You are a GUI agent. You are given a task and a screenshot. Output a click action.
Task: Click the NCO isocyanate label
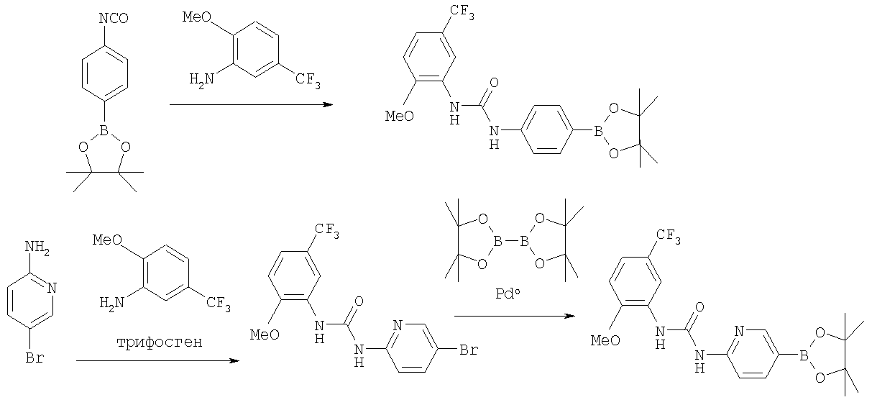tap(114, 18)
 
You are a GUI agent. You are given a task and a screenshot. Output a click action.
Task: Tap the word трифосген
tap(160, 342)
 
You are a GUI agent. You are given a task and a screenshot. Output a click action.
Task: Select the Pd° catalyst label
tap(508, 293)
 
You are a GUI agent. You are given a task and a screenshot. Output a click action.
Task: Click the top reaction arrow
tap(251, 104)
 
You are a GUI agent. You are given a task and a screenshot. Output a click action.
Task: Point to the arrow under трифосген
tap(157, 360)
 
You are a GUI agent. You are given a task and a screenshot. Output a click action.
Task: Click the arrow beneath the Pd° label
tap(515, 316)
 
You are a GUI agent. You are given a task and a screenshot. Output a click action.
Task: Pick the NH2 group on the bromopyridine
tap(37, 247)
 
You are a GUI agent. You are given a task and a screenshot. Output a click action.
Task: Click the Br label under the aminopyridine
tap(35, 358)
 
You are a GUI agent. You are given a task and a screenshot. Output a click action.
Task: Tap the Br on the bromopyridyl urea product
tap(469, 350)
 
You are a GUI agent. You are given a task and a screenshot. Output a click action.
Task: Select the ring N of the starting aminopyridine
tap(52, 288)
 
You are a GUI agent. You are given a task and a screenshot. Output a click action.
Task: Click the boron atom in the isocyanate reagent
tap(104, 130)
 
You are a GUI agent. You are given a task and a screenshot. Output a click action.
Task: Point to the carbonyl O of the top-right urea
tap(494, 82)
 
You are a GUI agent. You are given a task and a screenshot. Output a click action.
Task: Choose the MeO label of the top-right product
tap(400, 116)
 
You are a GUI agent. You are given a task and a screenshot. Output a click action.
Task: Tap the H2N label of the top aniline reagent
tap(202, 80)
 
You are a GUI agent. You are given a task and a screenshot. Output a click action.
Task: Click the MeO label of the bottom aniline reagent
tap(107, 240)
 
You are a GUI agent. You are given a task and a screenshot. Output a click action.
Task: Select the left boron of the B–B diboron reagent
tap(498, 242)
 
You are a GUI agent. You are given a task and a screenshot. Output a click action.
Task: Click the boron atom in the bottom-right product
tap(804, 355)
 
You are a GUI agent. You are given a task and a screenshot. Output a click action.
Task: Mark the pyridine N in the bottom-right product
tap(739, 331)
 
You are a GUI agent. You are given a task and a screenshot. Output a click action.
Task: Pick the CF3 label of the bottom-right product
tap(668, 236)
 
